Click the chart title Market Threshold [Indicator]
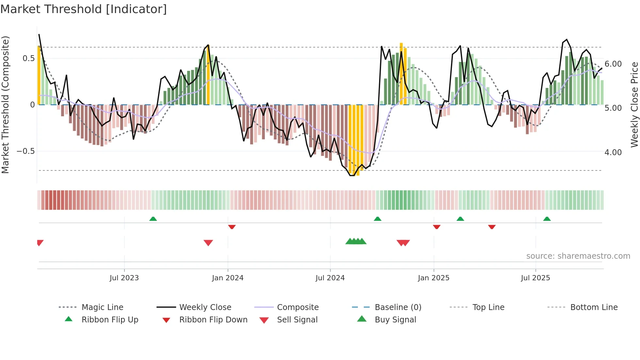click(x=84, y=9)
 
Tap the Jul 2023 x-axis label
click(x=124, y=278)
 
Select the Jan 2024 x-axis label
click(x=228, y=278)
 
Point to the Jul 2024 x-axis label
click(x=330, y=278)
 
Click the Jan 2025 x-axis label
click(x=434, y=278)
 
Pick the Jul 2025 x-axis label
click(x=536, y=278)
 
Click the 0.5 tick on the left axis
click(x=28, y=58)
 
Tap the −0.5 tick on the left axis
click(x=25, y=151)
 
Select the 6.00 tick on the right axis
click(x=613, y=64)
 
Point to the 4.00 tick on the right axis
click(x=613, y=153)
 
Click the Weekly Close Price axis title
click(x=634, y=105)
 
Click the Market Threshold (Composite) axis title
click(x=5, y=105)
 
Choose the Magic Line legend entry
click(x=102, y=307)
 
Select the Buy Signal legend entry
click(x=395, y=320)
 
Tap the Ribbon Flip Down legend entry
click(x=213, y=320)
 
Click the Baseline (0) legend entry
click(x=398, y=307)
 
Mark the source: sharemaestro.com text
click(x=578, y=256)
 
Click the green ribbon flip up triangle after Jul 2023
click(x=153, y=219)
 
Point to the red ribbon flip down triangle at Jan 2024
click(x=232, y=227)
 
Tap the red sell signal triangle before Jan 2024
click(x=208, y=243)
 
